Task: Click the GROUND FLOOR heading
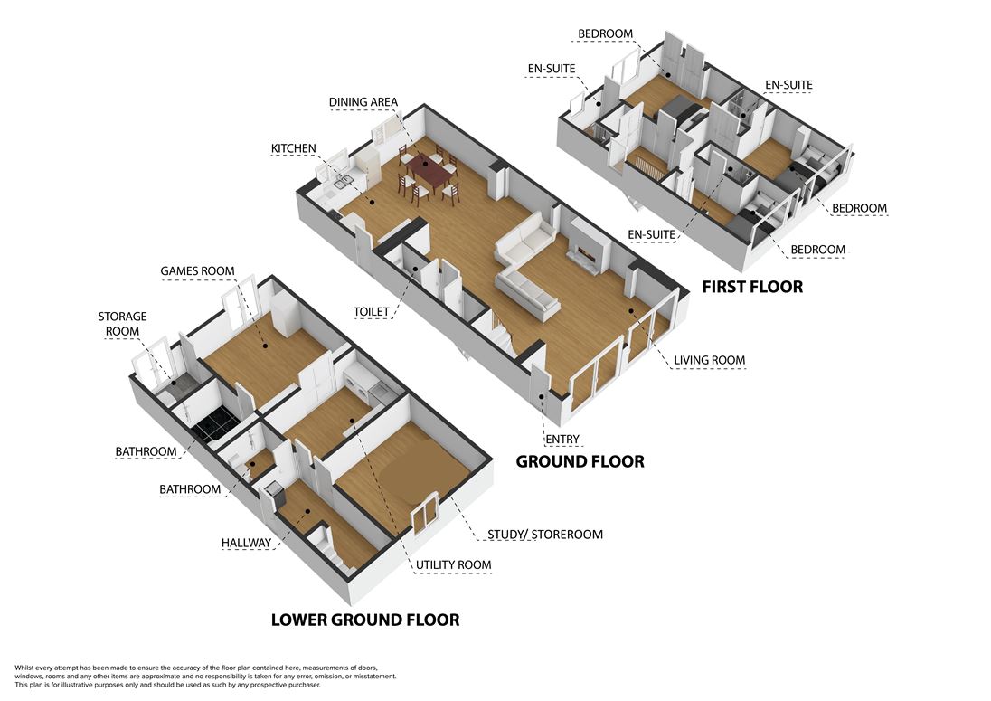pos(580,461)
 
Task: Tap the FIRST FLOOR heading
pos(752,287)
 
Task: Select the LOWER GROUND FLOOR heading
pos(365,620)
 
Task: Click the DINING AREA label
pos(363,102)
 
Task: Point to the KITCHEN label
pos(293,148)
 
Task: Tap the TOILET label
pos(371,312)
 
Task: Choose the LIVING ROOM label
pos(709,360)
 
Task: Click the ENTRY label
pos(562,440)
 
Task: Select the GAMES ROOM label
pos(197,271)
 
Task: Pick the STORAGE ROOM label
pos(122,324)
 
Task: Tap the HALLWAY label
pos(246,543)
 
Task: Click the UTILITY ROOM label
pos(453,565)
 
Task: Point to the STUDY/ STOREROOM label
pos(545,535)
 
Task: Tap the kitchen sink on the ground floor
pos(343,184)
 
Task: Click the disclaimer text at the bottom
pos(205,677)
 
